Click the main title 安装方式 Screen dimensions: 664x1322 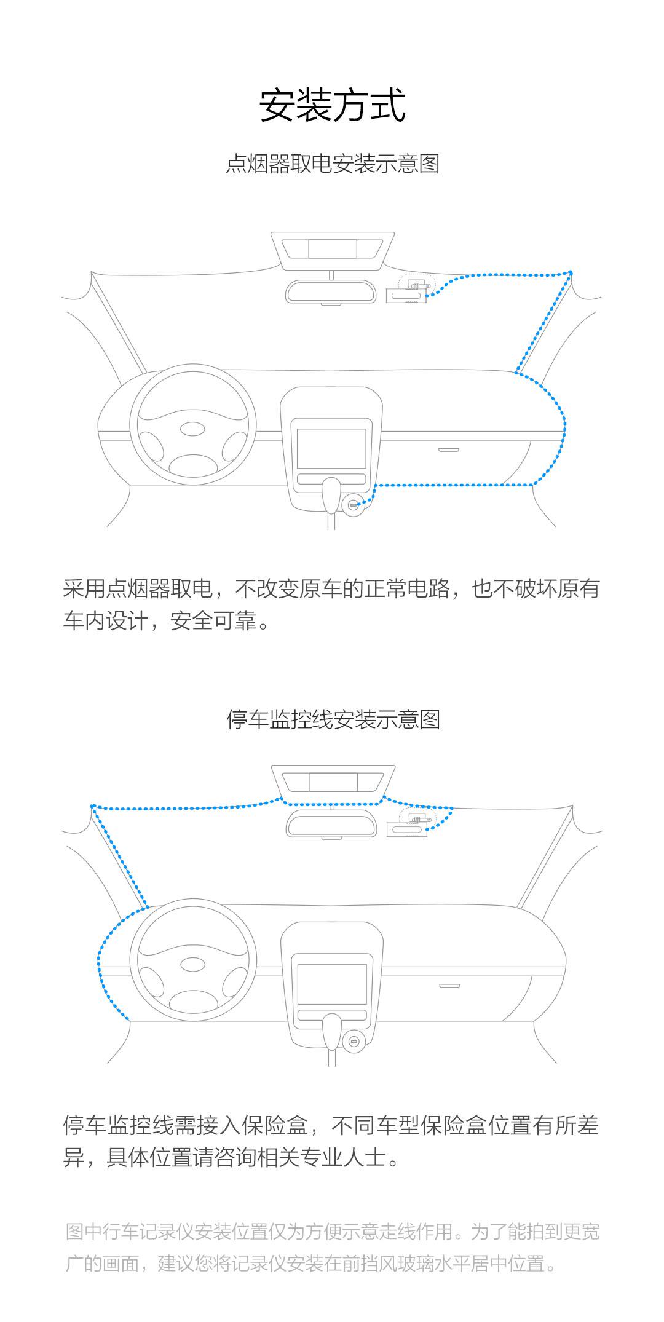332,106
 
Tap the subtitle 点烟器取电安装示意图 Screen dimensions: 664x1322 332,165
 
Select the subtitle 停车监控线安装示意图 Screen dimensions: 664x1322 333,719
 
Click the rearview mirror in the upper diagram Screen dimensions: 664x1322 331,291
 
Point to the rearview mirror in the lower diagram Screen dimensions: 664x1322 331,824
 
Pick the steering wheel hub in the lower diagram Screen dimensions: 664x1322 194,964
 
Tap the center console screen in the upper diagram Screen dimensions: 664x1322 331,448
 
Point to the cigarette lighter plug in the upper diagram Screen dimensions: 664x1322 353,505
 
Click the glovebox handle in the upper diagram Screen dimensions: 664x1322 449,449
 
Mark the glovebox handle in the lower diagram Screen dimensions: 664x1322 449,985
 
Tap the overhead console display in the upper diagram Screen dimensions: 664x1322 332,248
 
